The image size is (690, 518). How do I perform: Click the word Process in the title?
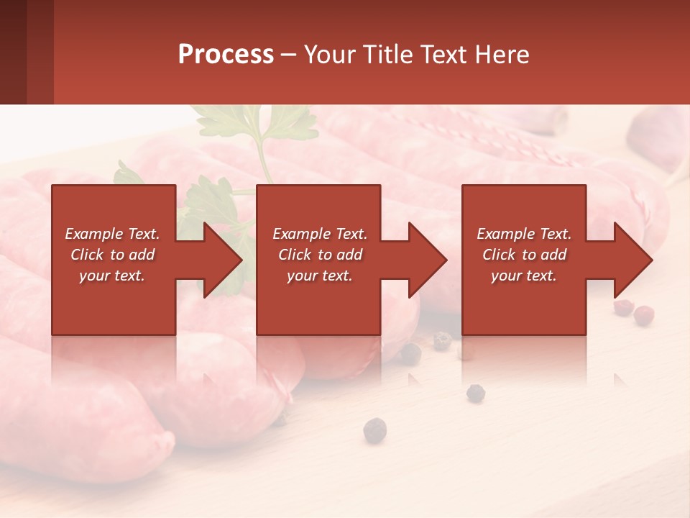226,55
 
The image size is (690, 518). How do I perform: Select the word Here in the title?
501,55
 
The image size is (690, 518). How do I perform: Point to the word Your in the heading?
328,55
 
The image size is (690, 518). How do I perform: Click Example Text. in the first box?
112,234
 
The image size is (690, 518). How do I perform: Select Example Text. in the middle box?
320,234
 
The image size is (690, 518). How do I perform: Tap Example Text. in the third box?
524,234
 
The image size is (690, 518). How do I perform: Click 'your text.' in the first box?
112,276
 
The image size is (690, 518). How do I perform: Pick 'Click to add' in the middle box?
320,255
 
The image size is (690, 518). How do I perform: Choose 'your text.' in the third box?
524,276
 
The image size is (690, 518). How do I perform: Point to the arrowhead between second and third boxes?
425,260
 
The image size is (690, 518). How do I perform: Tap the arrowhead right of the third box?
631,260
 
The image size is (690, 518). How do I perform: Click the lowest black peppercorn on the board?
374,430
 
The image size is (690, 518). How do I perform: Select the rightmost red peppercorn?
644,314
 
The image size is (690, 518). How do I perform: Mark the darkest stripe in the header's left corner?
13,52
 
